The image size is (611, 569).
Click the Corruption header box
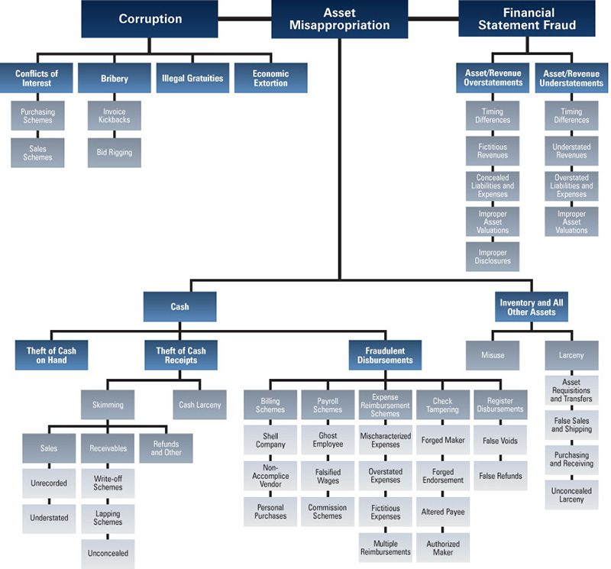coord(150,19)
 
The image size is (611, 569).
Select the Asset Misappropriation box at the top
coord(339,19)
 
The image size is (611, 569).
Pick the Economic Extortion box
coord(270,78)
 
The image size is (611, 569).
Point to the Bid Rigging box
coord(114,153)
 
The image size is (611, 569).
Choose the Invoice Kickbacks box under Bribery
coord(114,116)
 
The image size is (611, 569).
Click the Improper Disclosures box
coord(493,256)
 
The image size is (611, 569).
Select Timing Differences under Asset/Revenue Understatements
coord(571,116)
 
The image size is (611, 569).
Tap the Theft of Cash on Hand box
coord(51,355)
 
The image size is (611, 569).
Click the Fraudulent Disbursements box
coord(385,355)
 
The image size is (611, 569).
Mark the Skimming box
coord(113,405)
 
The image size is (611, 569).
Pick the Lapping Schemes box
coord(108,518)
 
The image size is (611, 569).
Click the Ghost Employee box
coord(327,440)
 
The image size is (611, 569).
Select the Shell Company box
coord(270,440)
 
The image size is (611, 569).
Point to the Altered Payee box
coord(442,511)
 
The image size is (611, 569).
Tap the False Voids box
coord(500,441)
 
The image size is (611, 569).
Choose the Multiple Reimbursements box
coord(385,546)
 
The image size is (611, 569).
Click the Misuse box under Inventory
coord(493,355)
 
